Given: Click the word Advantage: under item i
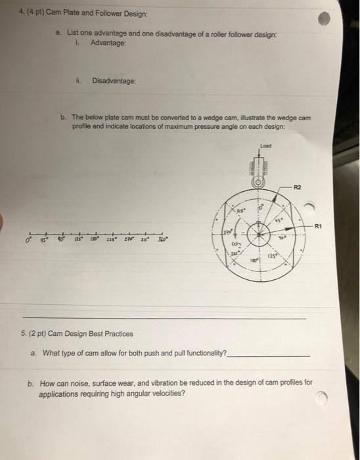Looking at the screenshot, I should pos(108,43).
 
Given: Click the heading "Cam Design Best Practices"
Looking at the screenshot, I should pos(87,334).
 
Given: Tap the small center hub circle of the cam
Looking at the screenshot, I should pos(261,231).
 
